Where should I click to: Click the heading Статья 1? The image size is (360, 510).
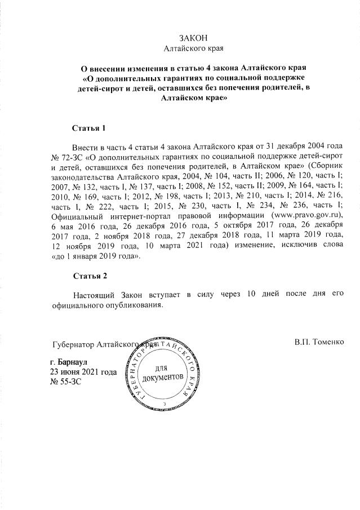pyautogui.click(x=90, y=128)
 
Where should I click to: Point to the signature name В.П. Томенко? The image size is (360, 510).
pyautogui.click(x=318, y=342)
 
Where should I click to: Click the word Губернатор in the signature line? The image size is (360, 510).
pyautogui.click(x=73, y=344)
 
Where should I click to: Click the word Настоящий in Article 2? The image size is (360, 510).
pyautogui.click(x=93, y=295)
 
